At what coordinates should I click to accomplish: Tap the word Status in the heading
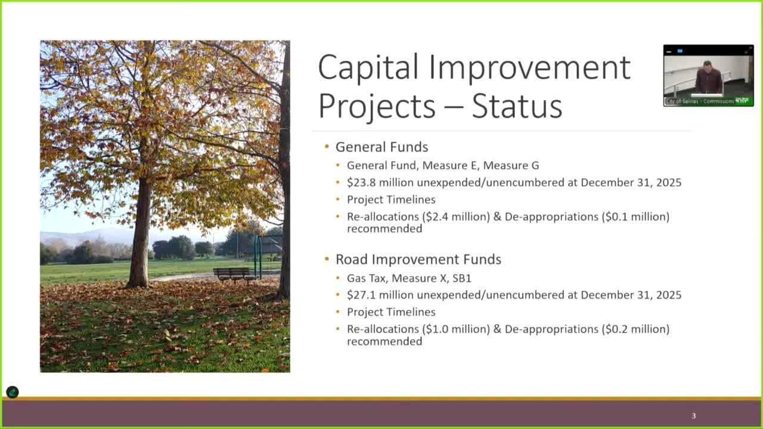(x=517, y=107)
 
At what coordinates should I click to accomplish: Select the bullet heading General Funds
(x=381, y=147)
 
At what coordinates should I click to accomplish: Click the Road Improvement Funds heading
(x=418, y=259)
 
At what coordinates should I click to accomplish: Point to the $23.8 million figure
(x=380, y=182)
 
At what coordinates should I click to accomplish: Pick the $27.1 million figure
(x=380, y=295)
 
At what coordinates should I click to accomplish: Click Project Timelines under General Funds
(x=391, y=200)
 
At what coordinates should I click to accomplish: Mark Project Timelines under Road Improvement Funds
(x=391, y=312)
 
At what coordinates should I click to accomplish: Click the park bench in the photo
(x=234, y=274)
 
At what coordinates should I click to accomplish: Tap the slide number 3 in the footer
(x=693, y=416)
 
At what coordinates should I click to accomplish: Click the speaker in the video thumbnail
(x=708, y=79)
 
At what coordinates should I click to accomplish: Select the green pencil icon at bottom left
(x=12, y=392)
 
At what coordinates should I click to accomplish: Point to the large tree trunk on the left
(x=140, y=238)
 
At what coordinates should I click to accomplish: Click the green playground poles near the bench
(x=258, y=256)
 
